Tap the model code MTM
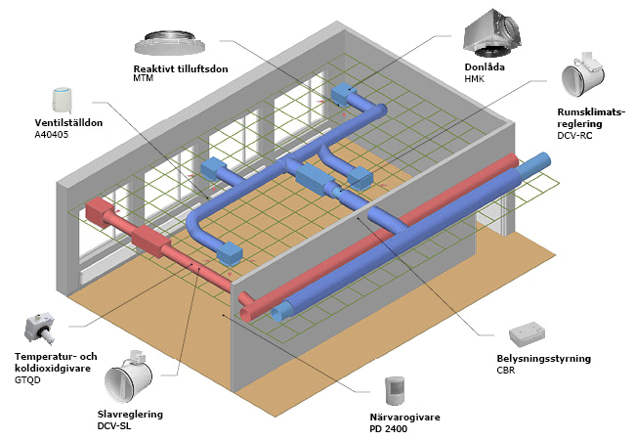tap(144, 78)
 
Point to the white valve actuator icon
tap(63, 98)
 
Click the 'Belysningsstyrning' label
tap(543, 359)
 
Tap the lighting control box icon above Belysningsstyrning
tap(532, 332)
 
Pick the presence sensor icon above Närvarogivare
tap(396, 390)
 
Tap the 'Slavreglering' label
tap(130, 414)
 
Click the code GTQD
tap(28, 377)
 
